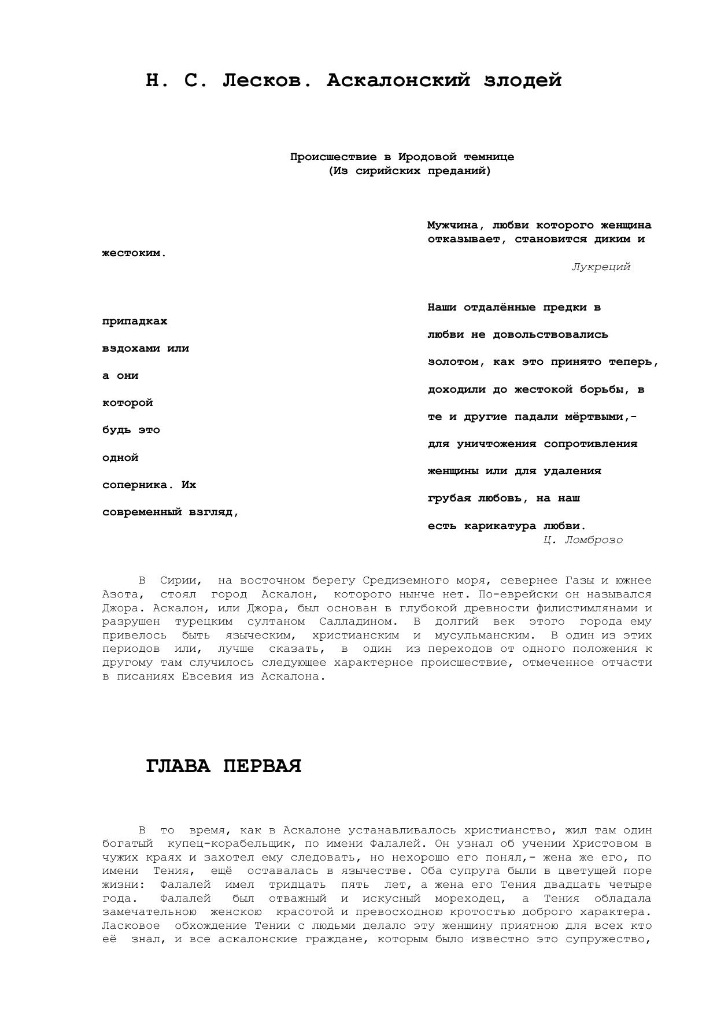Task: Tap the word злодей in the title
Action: [523, 80]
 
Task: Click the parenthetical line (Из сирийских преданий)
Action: [409, 171]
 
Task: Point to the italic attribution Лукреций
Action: [601, 267]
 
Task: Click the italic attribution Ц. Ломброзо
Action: [583, 540]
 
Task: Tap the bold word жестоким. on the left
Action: [134, 253]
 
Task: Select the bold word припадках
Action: [135, 321]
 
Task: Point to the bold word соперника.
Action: [138, 485]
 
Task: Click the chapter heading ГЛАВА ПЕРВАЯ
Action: [224, 766]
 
